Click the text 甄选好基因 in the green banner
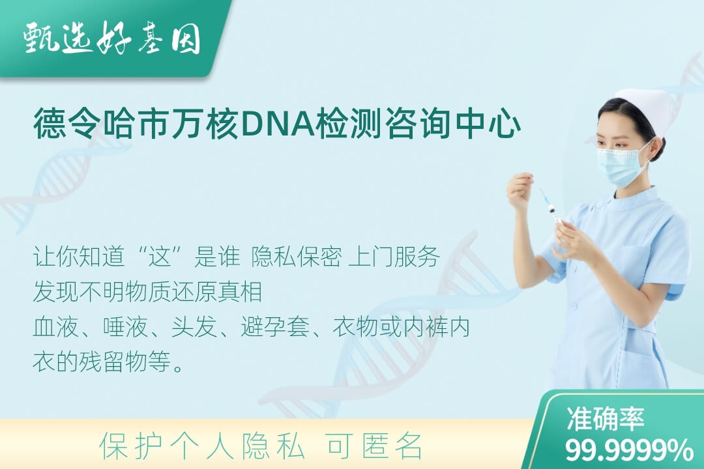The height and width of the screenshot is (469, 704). tap(112, 38)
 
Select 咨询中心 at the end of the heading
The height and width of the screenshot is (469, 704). tap(454, 123)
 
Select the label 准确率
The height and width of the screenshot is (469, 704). tap(606, 418)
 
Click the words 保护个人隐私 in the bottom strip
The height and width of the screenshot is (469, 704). tap(202, 446)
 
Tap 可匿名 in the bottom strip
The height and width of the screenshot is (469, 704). tap(374, 446)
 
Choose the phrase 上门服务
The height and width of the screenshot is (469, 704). tap(394, 257)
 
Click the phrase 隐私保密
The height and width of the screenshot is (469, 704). tap(297, 257)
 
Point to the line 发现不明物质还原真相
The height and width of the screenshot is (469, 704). tap(147, 292)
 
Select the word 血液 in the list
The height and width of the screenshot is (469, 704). tap(55, 326)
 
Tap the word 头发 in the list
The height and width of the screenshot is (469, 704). tap(194, 326)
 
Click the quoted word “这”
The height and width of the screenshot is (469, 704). tap(160, 257)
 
